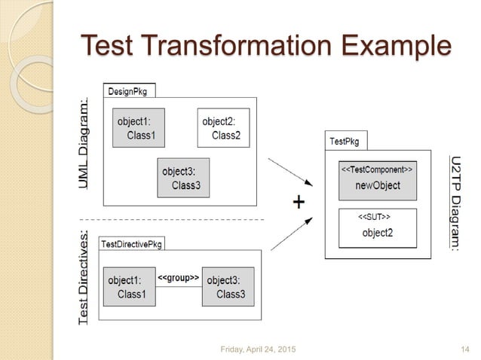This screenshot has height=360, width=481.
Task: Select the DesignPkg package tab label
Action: coord(128,90)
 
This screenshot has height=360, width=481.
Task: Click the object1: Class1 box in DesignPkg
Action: coord(140,127)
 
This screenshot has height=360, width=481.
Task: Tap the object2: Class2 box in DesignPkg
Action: coord(223,127)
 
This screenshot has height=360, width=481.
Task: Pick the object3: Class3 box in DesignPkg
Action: coord(183,177)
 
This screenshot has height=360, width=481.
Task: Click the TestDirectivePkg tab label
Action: coord(131,244)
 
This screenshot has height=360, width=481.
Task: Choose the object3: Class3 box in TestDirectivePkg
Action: coord(228,287)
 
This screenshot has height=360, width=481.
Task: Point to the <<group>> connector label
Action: coord(178,279)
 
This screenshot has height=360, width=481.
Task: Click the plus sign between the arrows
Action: coord(299,203)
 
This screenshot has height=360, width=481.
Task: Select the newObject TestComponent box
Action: coord(377,178)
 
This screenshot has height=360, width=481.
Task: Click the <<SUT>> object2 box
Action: coord(377,227)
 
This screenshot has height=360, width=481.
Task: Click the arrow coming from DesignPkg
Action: coord(290,172)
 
